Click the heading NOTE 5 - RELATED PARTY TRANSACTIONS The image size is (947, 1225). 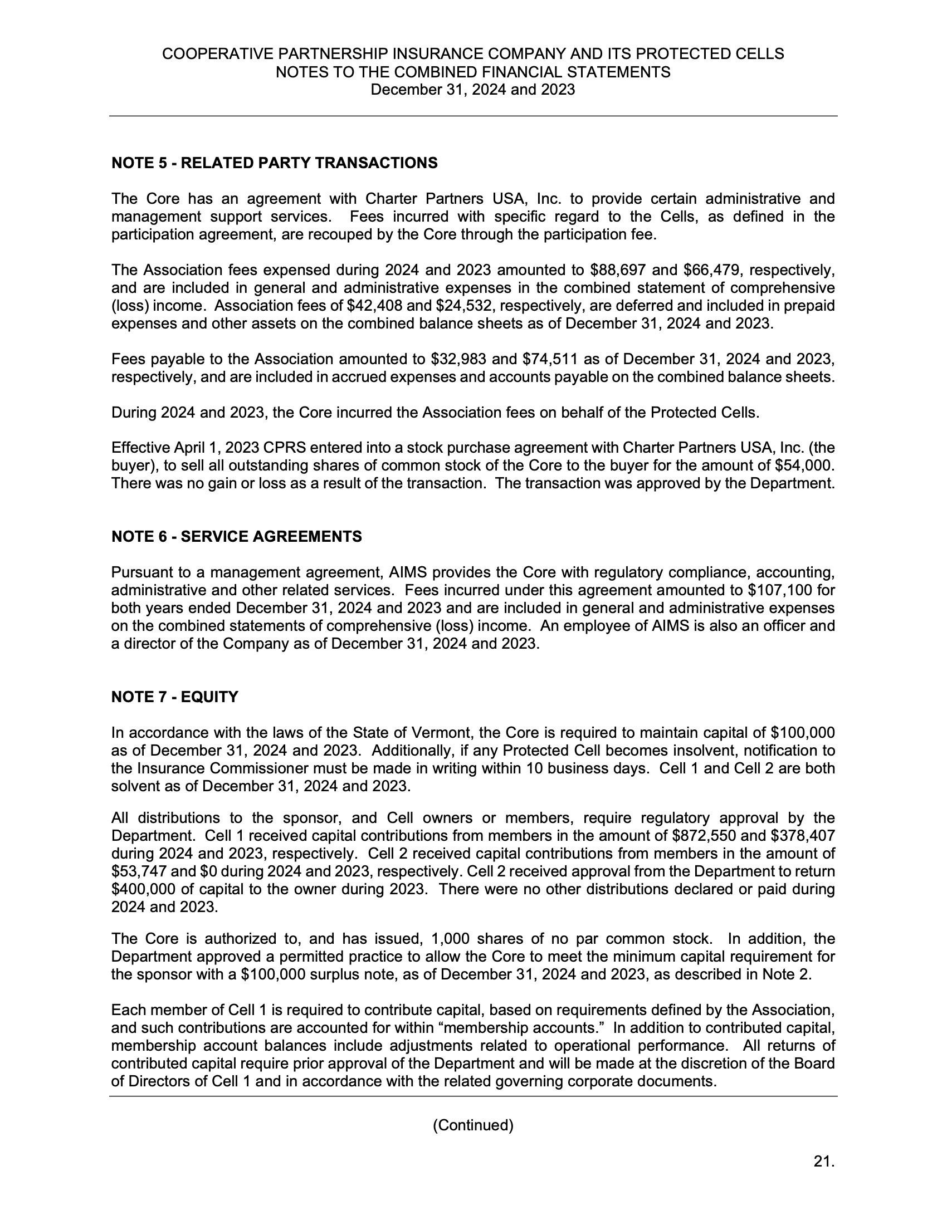(274, 163)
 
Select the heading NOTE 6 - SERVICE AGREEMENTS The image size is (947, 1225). (236, 537)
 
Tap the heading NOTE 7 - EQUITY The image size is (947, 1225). (174, 697)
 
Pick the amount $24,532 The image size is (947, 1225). (467, 306)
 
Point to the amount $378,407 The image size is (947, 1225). (803, 836)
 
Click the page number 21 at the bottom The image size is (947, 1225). (823, 1162)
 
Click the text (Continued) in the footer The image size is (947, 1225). (473, 1125)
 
